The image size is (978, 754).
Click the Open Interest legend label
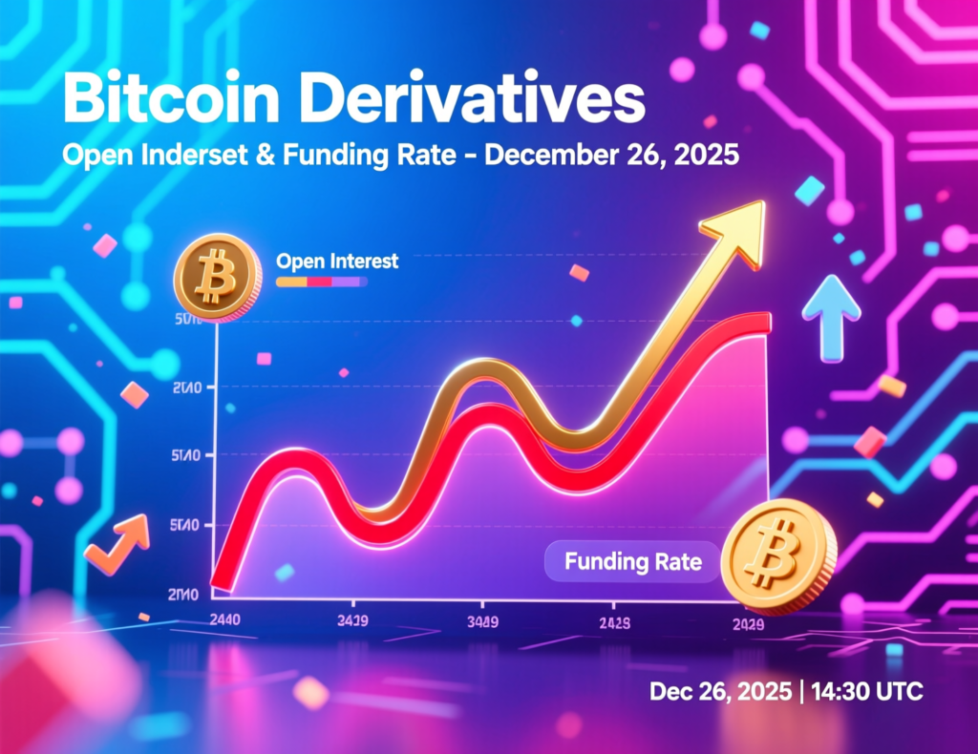coord(336,261)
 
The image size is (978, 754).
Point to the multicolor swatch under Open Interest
coord(321,283)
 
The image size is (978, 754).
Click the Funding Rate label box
coord(632,561)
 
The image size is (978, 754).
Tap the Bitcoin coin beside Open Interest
coord(218,276)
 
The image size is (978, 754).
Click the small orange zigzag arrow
coord(118,544)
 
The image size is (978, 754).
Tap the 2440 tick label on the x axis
coord(224,618)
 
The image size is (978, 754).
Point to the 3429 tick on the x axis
coord(353,621)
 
